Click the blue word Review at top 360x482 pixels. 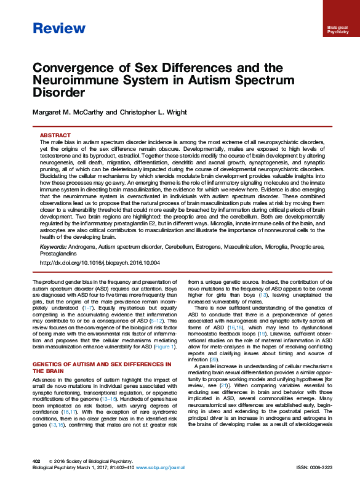click(x=58, y=28)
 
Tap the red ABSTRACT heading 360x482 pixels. click(x=54, y=135)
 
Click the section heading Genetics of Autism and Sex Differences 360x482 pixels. click(x=101, y=368)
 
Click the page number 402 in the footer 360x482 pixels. click(x=37, y=460)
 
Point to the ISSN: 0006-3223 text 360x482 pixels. click(x=314, y=468)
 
